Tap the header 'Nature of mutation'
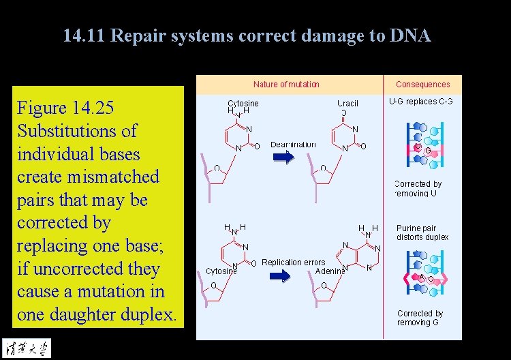click(x=286, y=85)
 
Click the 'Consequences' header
click(x=423, y=85)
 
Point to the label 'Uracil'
click(x=347, y=104)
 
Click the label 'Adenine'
click(x=330, y=271)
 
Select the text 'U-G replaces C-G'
click(x=421, y=102)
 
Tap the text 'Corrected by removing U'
click(x=418, y=189)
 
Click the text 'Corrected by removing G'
click(x=420, y=318)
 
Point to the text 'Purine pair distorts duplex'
click(x=422, y=232)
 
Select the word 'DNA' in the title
click(x=410, y=36)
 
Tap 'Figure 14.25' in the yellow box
click(x=65, y=108)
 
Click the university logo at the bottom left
click(x=26, y=346)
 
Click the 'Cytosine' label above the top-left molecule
click(x=243, y=104)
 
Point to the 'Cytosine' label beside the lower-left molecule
click(x=221, y=271)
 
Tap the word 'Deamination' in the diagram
click(x=294, y=145)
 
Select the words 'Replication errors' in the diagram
click(x=294, y=262)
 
